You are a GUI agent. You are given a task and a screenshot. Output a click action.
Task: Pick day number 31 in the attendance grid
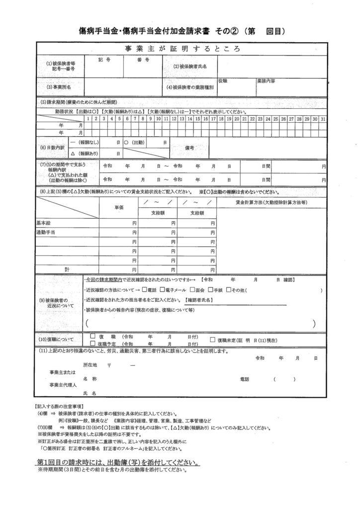tap(323, 119)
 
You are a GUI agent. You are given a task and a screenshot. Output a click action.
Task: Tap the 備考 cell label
tap(190, 148)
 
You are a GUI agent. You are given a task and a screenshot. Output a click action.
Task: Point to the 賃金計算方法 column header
tap(271, 202)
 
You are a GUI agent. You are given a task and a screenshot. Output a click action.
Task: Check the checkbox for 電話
tap(144, 290)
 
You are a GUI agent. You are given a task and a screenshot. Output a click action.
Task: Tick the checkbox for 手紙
tap(210, 290)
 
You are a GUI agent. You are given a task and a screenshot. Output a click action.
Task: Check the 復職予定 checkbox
tap(92, 343)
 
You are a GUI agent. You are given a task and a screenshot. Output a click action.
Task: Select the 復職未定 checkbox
tap(213, 339)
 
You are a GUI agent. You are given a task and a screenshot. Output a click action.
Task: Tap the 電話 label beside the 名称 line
tap(245, 379)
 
